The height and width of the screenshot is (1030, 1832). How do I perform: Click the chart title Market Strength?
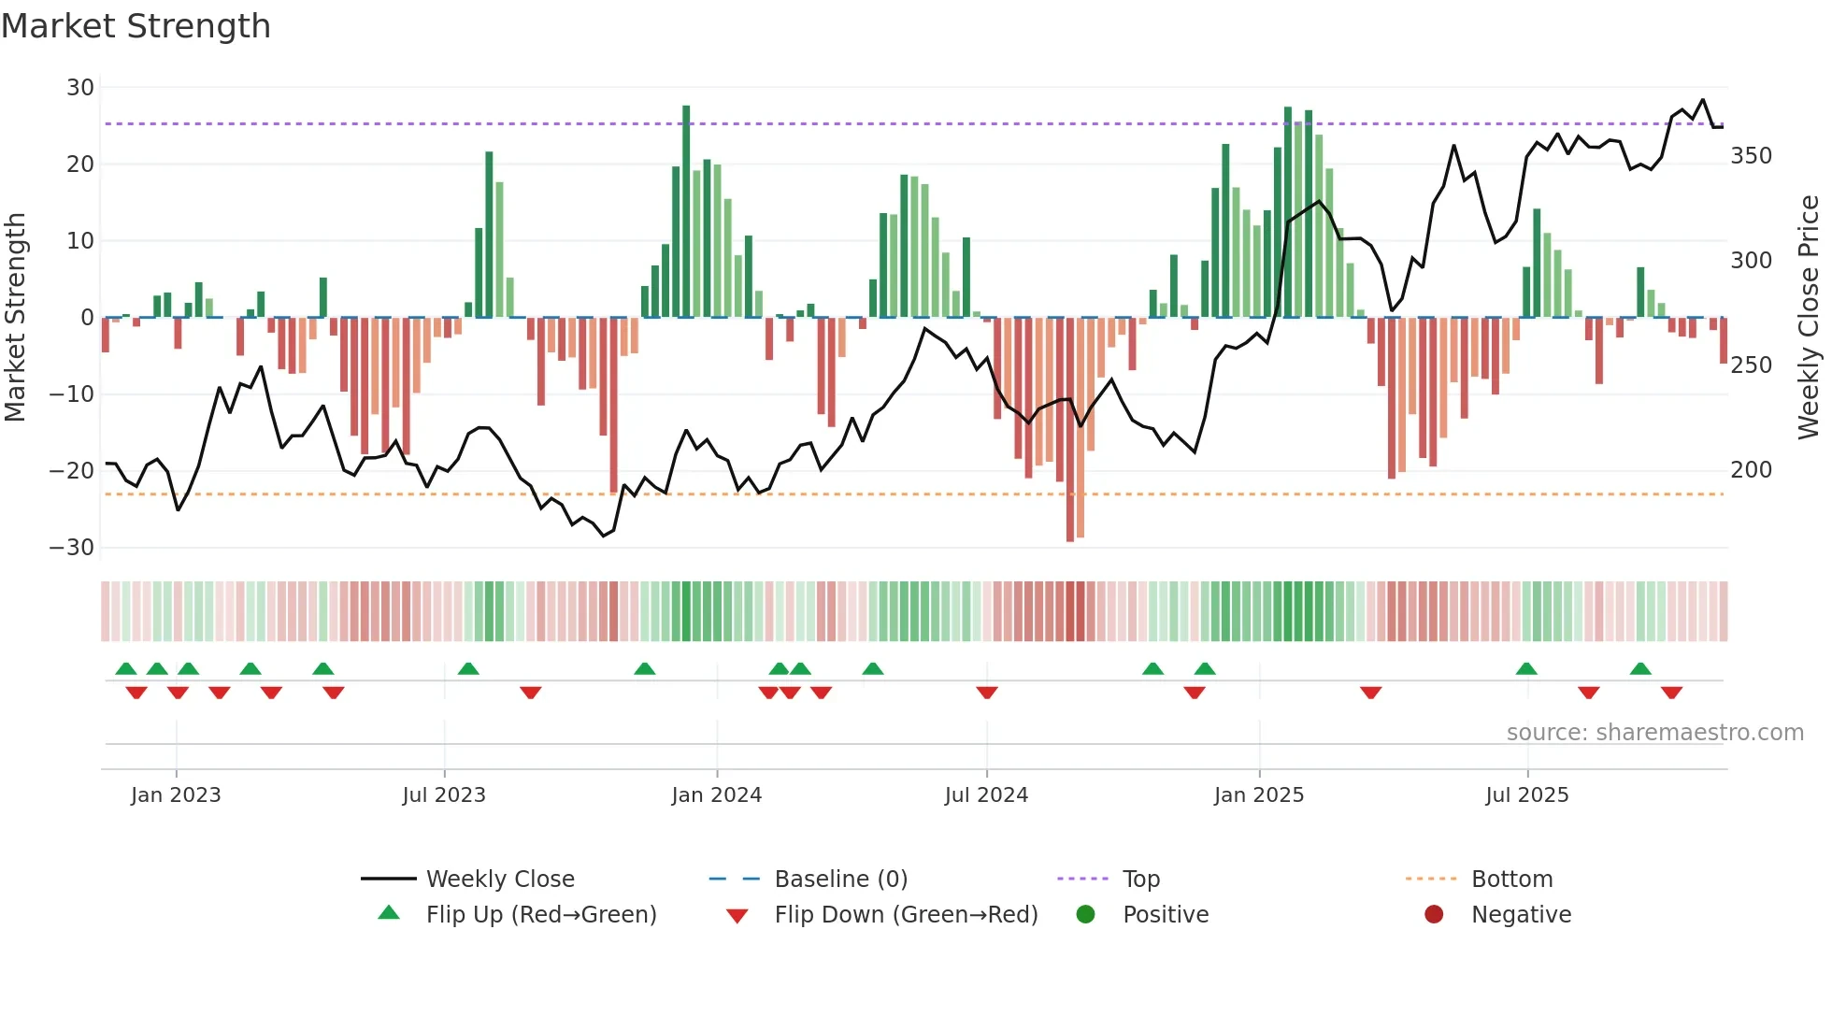[x=136, y=26]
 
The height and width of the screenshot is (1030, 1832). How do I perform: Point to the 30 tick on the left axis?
[x=80, y=88]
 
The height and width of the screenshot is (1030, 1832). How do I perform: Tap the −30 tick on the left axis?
[x=72, y=548]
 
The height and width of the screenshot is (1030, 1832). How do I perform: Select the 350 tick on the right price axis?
[x=1751, y=156]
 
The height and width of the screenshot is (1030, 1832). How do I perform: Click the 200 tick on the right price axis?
[x=1751, y=470]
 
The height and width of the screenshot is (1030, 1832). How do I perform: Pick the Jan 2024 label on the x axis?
[x=716, y=795]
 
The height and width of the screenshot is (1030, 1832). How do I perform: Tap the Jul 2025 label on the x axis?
[x=1526, y=795]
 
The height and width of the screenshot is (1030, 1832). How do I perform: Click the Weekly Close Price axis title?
[x=1809, y=318]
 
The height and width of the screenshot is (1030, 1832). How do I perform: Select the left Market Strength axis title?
[x=15, y=318]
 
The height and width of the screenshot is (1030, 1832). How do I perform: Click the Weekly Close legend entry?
[x=499, y=880]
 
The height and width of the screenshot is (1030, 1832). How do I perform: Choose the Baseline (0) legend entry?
[x=840, y=880]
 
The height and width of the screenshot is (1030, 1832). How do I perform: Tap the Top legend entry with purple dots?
[x=1140, y=880]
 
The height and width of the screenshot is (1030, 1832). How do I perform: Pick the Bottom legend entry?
[x=1511, y=880]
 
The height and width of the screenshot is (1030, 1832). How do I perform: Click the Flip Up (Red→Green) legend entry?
[x=540, y=915]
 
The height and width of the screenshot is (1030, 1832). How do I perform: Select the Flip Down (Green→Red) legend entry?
[x=905, y=915]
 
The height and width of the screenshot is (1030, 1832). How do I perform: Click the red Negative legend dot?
[x=1434, y=915]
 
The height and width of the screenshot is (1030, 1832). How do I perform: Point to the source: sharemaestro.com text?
[x=1654, y=733]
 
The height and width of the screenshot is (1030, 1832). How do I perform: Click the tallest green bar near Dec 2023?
[x=686, y=211]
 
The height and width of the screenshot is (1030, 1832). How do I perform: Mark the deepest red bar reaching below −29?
[x=1070, y=430]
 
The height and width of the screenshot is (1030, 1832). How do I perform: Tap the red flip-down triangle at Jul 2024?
[x=987, y=693]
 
